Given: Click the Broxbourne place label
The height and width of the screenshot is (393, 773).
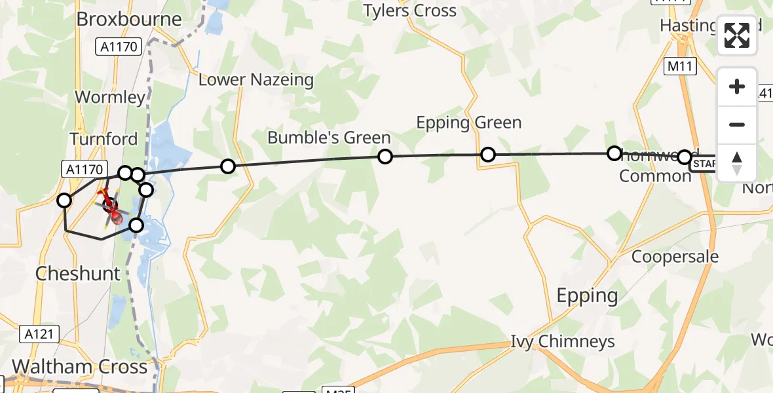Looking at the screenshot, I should pyautogui.click(x=129, y=19).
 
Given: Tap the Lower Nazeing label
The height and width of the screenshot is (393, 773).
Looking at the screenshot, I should pyautogui.click(x=256, y=80).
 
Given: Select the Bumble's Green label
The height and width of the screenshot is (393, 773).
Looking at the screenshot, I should pyautogui.click(x=329, y=138).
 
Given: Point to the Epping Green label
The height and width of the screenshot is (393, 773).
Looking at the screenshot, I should pyautogui.click(x=469, y=122).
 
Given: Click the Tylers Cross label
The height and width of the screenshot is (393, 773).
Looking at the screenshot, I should pyautogui.click(x=410, y=10).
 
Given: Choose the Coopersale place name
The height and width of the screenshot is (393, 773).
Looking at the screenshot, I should pyautogui.click(x=675, y=257).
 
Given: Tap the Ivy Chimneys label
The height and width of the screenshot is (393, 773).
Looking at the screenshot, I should pyautogui.click(x=563, y=341).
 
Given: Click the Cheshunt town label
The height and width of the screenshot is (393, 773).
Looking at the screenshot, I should pyautogui.click(x=78, y=273).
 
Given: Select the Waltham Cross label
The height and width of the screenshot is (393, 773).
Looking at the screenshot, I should pyautogui.click(x=79, y=366).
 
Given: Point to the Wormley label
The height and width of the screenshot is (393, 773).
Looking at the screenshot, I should pyautogui.click(x=110, y=98).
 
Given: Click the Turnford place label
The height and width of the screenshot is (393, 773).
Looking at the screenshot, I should pyautogui.click(x=104, y=139).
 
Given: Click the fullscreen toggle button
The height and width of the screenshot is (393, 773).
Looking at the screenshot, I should pyautogui.click(x=737, y=35).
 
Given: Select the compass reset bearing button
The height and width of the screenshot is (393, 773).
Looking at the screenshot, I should pyautogui.click(x=737, y=163).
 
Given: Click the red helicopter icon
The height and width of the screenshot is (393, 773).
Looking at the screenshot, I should pyautogui.click(x=112, y=212).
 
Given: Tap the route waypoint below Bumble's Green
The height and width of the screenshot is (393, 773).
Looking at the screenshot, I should pyautogui.click(x=385, y=156).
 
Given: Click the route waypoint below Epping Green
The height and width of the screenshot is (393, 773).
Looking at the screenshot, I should pyautogui.click(x=488, y=155).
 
